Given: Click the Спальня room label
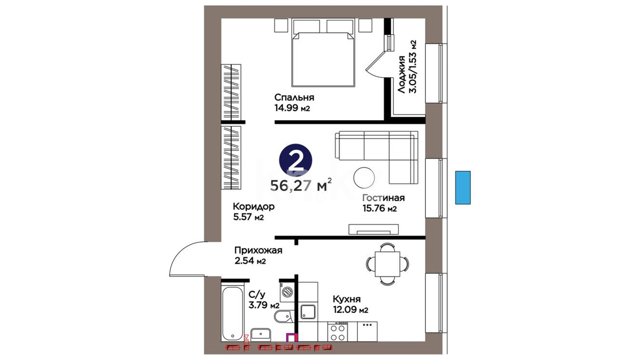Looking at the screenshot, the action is tap(294, 97).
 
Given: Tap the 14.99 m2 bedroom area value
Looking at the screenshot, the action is tap(292, 108).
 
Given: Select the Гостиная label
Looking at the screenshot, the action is tap(384, 198).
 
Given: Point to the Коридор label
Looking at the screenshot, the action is tap(254, 207).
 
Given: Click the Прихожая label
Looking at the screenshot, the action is tap(258, 250).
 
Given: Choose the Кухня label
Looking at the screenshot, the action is tap(347, 299).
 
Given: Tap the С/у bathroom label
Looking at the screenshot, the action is tap(257, 295).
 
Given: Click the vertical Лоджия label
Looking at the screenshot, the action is tap(401, 74).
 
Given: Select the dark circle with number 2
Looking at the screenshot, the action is tap(295, 161).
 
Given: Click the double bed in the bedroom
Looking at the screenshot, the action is tap(322, 53).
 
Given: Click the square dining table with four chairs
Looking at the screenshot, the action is tap(387, 264).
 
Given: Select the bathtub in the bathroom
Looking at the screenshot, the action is tap(233, 314).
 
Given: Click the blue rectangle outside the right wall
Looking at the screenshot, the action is tap(463, 188).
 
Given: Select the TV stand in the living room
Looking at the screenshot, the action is tap(374, 229).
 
